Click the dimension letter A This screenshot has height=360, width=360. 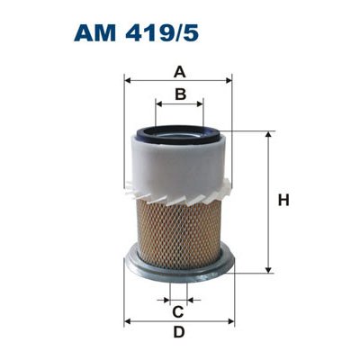tap(180, 72)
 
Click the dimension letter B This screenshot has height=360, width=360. tap(180, 94)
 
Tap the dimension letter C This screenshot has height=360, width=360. tap(178, 312)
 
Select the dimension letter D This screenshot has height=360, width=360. tap(179, 332)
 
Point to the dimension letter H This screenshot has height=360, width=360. tap(283, 201)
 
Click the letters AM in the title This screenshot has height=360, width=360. tap(94, 33)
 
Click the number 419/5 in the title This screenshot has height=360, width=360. tap(162, 33)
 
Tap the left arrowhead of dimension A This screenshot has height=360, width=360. tap(127, 80)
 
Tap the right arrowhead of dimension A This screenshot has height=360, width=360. tap(229, 80)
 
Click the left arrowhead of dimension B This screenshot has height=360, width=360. tap(159, 104)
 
